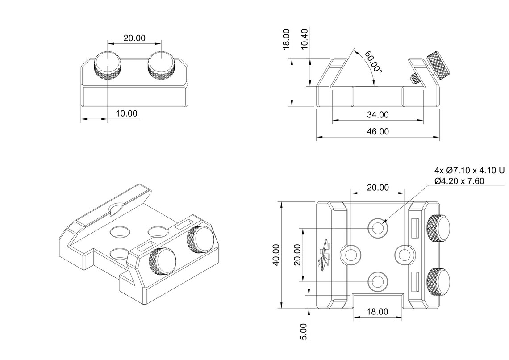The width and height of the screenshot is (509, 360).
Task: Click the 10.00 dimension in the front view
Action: [x=126, y=113]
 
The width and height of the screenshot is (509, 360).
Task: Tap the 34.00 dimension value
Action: [x=378, y=115]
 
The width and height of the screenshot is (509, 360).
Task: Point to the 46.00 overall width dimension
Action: [x=378, y=131]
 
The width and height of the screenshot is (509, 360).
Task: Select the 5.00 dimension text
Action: [x=304, y=332]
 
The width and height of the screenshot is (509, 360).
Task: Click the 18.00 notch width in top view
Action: [x=378, y=312]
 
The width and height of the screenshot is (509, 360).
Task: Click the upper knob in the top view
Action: [x=438, y=227]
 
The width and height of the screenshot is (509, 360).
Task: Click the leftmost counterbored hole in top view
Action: [x=350, y=255]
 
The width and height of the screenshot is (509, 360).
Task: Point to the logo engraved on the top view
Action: [x=325, y=255]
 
